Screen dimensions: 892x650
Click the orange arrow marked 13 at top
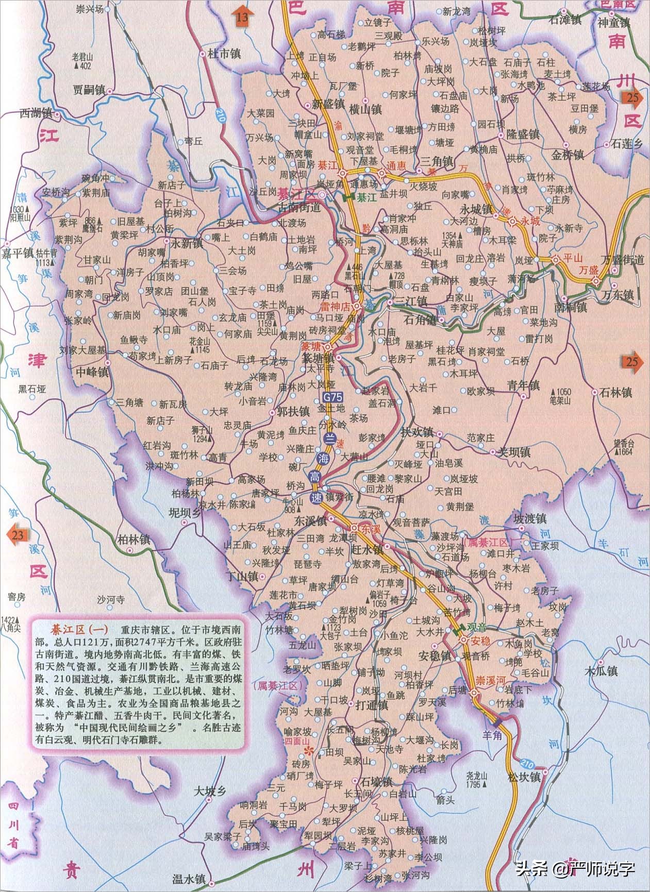242,15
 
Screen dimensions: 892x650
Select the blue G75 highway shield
332,397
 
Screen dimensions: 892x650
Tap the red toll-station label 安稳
481,641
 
